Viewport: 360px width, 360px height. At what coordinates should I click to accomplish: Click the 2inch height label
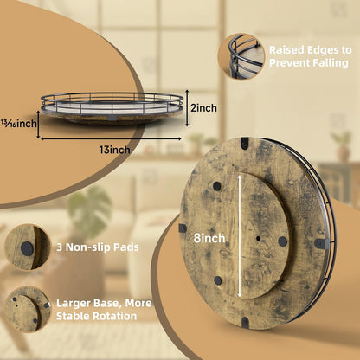tap(203, 108)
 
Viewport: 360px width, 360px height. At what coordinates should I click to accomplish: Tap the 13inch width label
tap(114, 150)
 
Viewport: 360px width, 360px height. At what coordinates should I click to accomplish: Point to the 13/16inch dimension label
tap(18, 124)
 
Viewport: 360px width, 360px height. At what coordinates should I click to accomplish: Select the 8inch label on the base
tap(209, 238)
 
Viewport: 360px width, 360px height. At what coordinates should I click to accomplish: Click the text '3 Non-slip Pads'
tap(98, 247)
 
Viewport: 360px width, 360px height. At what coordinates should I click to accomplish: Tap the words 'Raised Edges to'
tap(311, 50)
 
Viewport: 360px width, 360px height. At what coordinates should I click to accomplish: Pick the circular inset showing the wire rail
tap(241, 57)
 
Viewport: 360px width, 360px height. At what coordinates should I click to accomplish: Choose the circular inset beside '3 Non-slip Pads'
tap(28, 247)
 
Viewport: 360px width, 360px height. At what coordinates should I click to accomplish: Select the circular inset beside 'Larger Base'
tap(28, 310)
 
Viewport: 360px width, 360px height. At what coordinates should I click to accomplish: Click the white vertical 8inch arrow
tap(240, 237)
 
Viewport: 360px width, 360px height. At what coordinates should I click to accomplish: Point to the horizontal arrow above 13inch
tap(111, 138)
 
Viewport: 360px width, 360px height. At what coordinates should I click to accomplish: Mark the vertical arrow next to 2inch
tap(187, 107)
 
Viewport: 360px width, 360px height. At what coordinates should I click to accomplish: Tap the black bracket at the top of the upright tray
tap(245, 143)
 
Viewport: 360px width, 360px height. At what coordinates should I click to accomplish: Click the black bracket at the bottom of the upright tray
tap(245, 322)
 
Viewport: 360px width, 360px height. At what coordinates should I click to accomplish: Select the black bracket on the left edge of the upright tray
tap(183, 228)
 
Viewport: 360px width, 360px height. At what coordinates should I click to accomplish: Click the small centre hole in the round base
tap(258, 239)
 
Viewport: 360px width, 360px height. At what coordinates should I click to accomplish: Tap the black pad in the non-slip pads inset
tap(27, 248)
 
